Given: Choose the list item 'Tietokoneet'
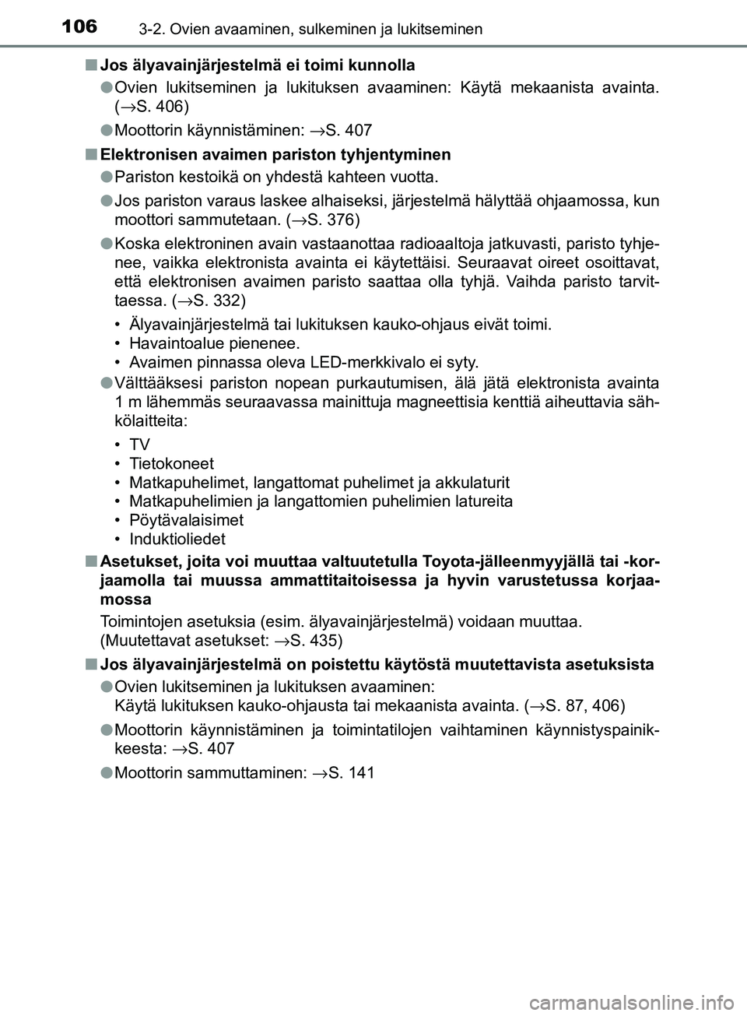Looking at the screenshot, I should pos(171,463).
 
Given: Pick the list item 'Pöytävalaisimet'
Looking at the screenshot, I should pos(186,519).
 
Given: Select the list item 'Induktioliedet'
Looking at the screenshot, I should pos(177,539).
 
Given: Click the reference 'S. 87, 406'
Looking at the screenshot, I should pos(580,705).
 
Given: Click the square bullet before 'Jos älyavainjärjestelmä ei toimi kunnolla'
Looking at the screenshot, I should pos(91,64).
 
